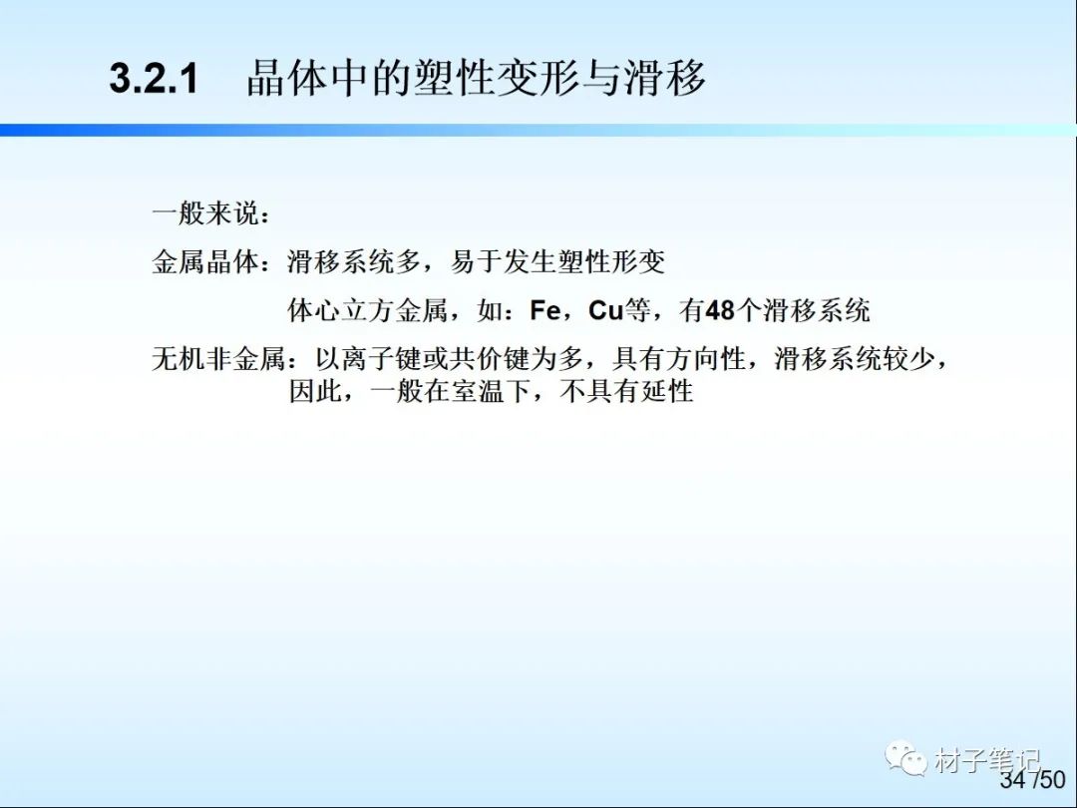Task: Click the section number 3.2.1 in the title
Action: (x=154, y=78)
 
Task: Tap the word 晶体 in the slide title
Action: (x=288, y=78)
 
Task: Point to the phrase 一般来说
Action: (x=205, y=213)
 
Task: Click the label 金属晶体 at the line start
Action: (x=205, y=261)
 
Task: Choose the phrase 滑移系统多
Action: (x=354, y=261)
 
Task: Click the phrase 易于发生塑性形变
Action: (x=557, y=261)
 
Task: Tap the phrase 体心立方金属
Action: (x=367, y=310)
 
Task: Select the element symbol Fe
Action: (x=545, y=310)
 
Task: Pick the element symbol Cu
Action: (x=606, y=310)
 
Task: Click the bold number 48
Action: (x=720, y=310)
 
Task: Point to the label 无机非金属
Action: (x=218, y=359)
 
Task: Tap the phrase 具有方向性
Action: (x=679, y=359)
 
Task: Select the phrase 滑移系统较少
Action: (x=855, y=359)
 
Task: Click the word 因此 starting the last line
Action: (x=315, y=392)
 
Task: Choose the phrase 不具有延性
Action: (x=626, y=392)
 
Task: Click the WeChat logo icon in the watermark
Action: (x=905, y=758)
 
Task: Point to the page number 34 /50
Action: (x=1032, y=779)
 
